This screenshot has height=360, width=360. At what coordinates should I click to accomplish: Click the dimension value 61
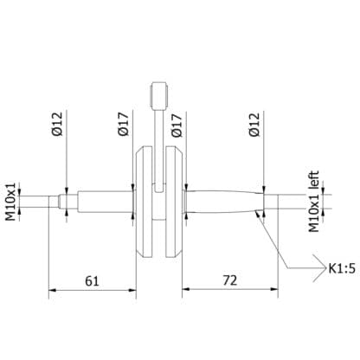(92, 280)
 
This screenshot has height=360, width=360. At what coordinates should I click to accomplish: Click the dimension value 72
(228, 280)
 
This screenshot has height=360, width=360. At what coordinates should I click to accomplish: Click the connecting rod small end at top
(158, 93)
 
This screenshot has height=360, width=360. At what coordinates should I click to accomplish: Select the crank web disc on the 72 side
(176, 202)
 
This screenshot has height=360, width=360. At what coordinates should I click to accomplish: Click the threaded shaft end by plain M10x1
(39, 202)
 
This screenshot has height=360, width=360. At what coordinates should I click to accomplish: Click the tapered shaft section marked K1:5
(225, 202)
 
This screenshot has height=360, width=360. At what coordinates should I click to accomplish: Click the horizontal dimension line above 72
(228, 291)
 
